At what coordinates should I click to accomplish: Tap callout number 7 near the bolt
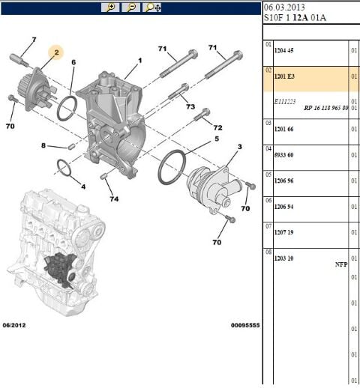(x=34, y=40)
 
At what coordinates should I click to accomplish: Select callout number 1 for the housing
(x=139, y=60)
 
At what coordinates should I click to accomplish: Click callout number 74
(x=115, y=198)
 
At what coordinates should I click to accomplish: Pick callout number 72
(x=217, y=128)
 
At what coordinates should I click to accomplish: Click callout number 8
(x=43, y=145)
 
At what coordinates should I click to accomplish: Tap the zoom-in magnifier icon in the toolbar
(x=111, y=7)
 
